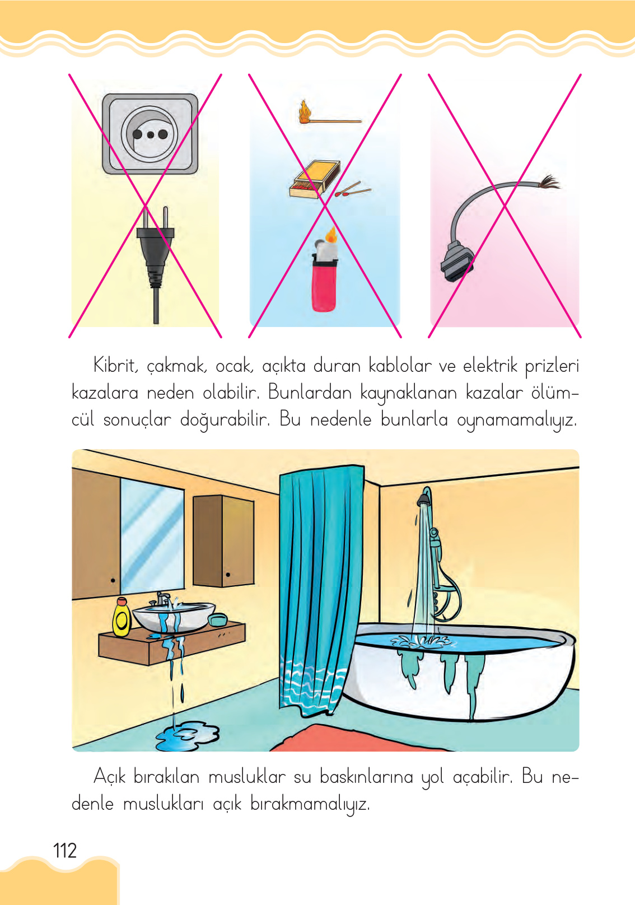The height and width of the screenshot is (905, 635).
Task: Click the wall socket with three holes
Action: [x=150, y=134]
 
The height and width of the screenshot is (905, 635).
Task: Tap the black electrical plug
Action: [x=155, y=246]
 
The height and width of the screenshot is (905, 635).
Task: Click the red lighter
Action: [x=324, y=283]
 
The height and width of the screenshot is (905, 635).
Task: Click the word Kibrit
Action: [x=115, y=366]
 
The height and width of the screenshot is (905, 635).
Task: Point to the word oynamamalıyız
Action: [x=516, y=420]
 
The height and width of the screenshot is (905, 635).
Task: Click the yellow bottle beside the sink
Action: [x=122, y=618]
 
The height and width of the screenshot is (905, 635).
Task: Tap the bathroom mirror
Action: [x=152, y=537]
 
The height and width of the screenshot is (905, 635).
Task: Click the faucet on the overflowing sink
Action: [x=162, y=598]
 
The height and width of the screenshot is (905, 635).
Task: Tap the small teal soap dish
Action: [x=217, y=619]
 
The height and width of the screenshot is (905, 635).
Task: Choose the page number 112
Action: [x=65, y=851]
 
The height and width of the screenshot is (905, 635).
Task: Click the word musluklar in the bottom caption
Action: [x=247, y=777]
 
